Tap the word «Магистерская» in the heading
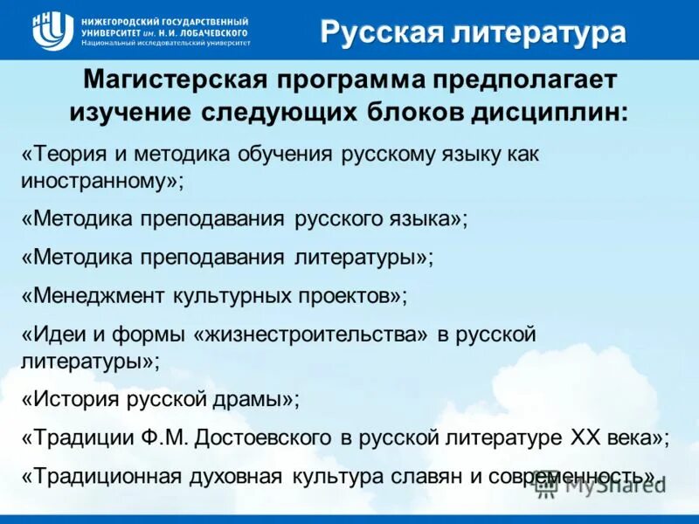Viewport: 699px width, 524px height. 174,80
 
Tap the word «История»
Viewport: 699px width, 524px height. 72,398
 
